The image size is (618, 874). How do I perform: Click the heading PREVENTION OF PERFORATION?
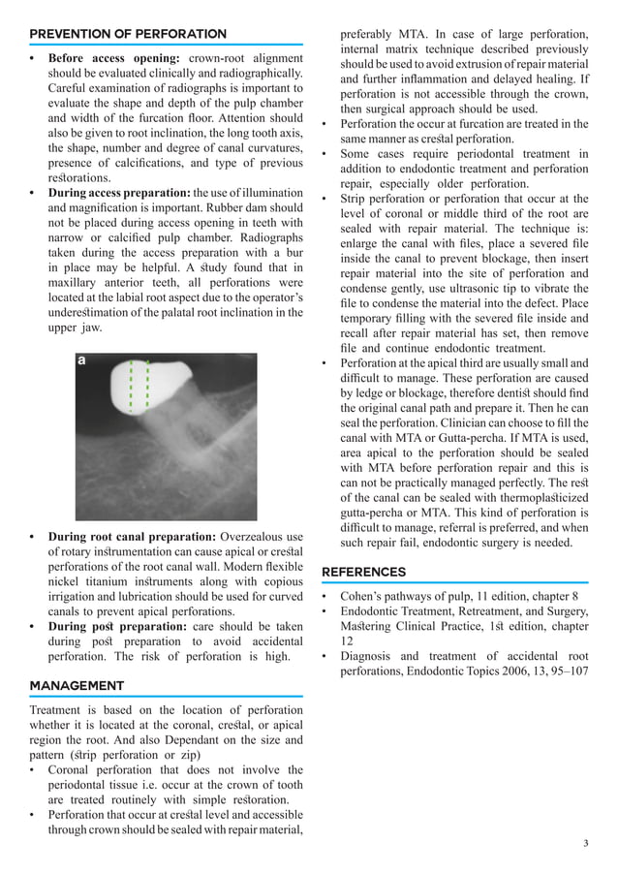[x=128, y=34]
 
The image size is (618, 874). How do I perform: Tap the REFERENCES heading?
[x=363, y=572]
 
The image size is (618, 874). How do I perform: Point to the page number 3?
[x=585, y=844]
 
